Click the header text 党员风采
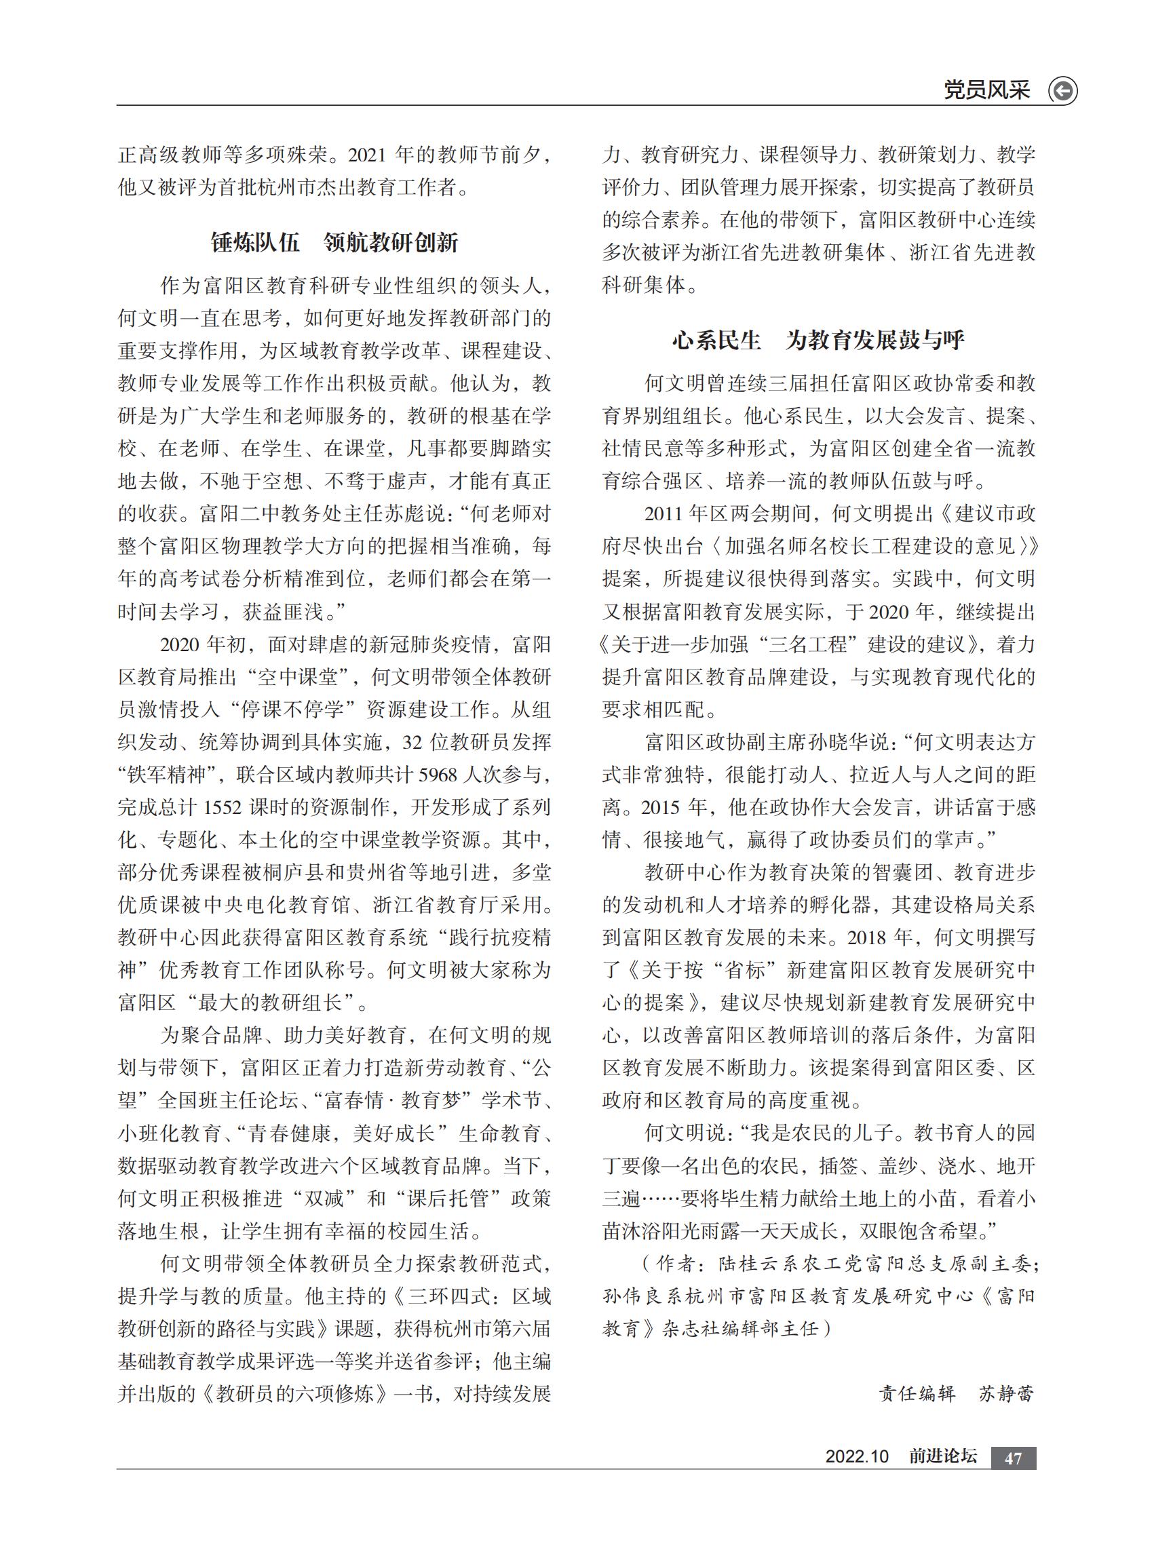[x=986, y=90]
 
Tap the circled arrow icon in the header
[x=1062, y=91]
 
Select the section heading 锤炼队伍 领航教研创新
[x=334, y=242]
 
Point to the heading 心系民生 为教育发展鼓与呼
[x=818, y=340]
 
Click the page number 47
[x=1013, y=1458]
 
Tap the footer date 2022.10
[x=857, y=1456]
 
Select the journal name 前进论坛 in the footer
[x=942, y=1456]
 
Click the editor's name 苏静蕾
[x=1006, y=1393]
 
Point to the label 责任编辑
[x=917, y=1393]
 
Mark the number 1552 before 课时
[x=221, y=807]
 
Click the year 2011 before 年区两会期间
[x=663, y=513]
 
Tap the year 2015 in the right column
[x=660, y=807]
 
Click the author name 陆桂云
[x=739, y=1264]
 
